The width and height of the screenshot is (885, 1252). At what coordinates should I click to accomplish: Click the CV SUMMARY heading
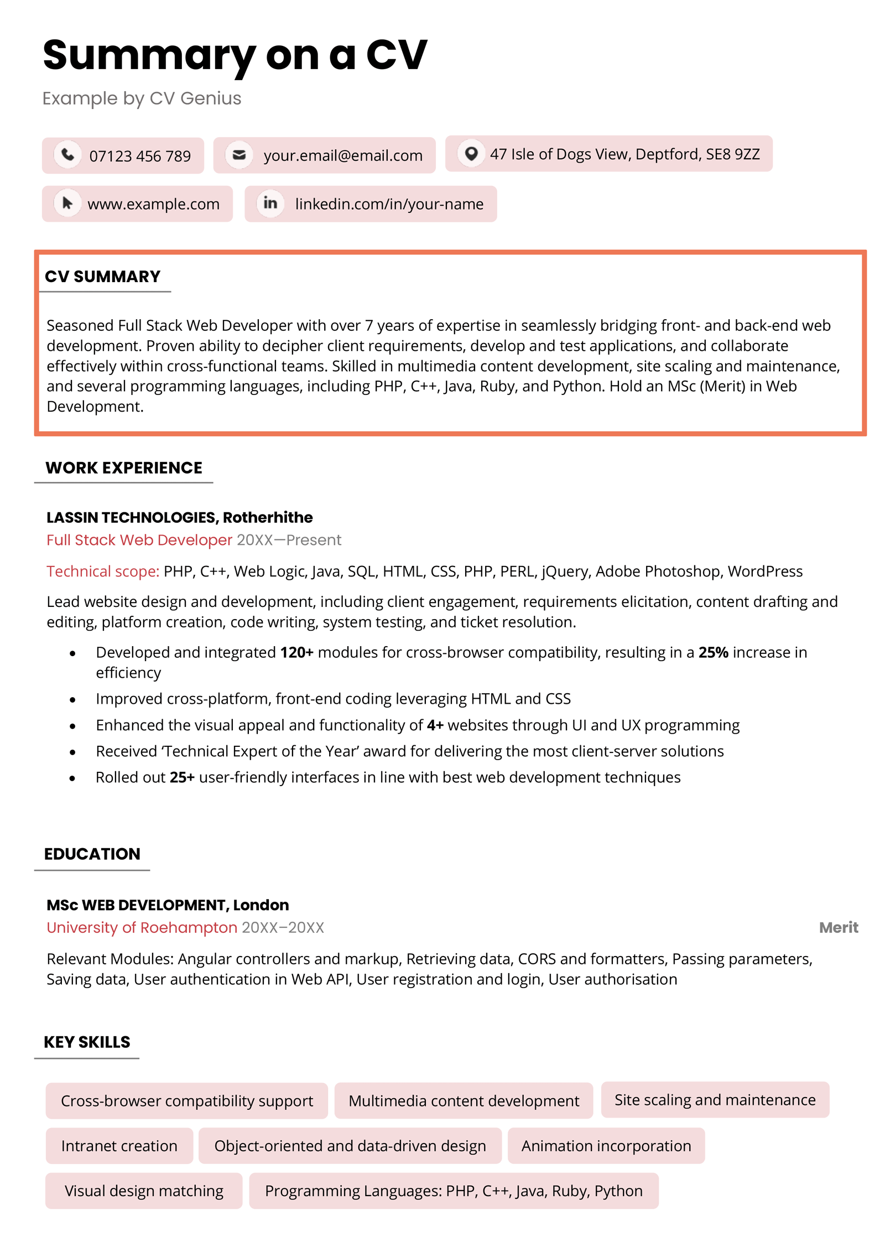tap(102, 276)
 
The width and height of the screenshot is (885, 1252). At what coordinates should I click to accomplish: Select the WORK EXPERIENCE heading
tap(123, 467)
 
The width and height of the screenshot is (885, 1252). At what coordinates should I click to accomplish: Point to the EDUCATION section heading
tap(92, 853)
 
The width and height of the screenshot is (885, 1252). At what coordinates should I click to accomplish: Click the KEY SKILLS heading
tap(87, 1041)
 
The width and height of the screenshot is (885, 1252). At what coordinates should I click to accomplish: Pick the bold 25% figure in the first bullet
tap(712, 652)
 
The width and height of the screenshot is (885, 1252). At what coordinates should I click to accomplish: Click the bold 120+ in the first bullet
tap(296, 652)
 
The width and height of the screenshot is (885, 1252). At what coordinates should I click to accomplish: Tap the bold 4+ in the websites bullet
tap(435, 724)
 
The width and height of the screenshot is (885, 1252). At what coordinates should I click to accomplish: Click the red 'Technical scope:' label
tap(103, 570)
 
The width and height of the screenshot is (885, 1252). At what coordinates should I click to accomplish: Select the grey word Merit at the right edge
tap(837, 927)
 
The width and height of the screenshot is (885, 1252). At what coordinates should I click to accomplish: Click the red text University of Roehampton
tap(142, 927)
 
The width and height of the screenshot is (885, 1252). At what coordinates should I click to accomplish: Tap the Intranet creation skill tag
tap(119, 1145)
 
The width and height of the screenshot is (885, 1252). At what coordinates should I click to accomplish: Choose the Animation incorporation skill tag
tap(606, 1145)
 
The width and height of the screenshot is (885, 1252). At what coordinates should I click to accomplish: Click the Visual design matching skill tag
tap(144, 1189)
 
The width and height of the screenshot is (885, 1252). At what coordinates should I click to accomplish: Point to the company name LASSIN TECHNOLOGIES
tap(131, 517)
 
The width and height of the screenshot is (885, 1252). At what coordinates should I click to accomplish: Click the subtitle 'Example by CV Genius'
tap(142, 98)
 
